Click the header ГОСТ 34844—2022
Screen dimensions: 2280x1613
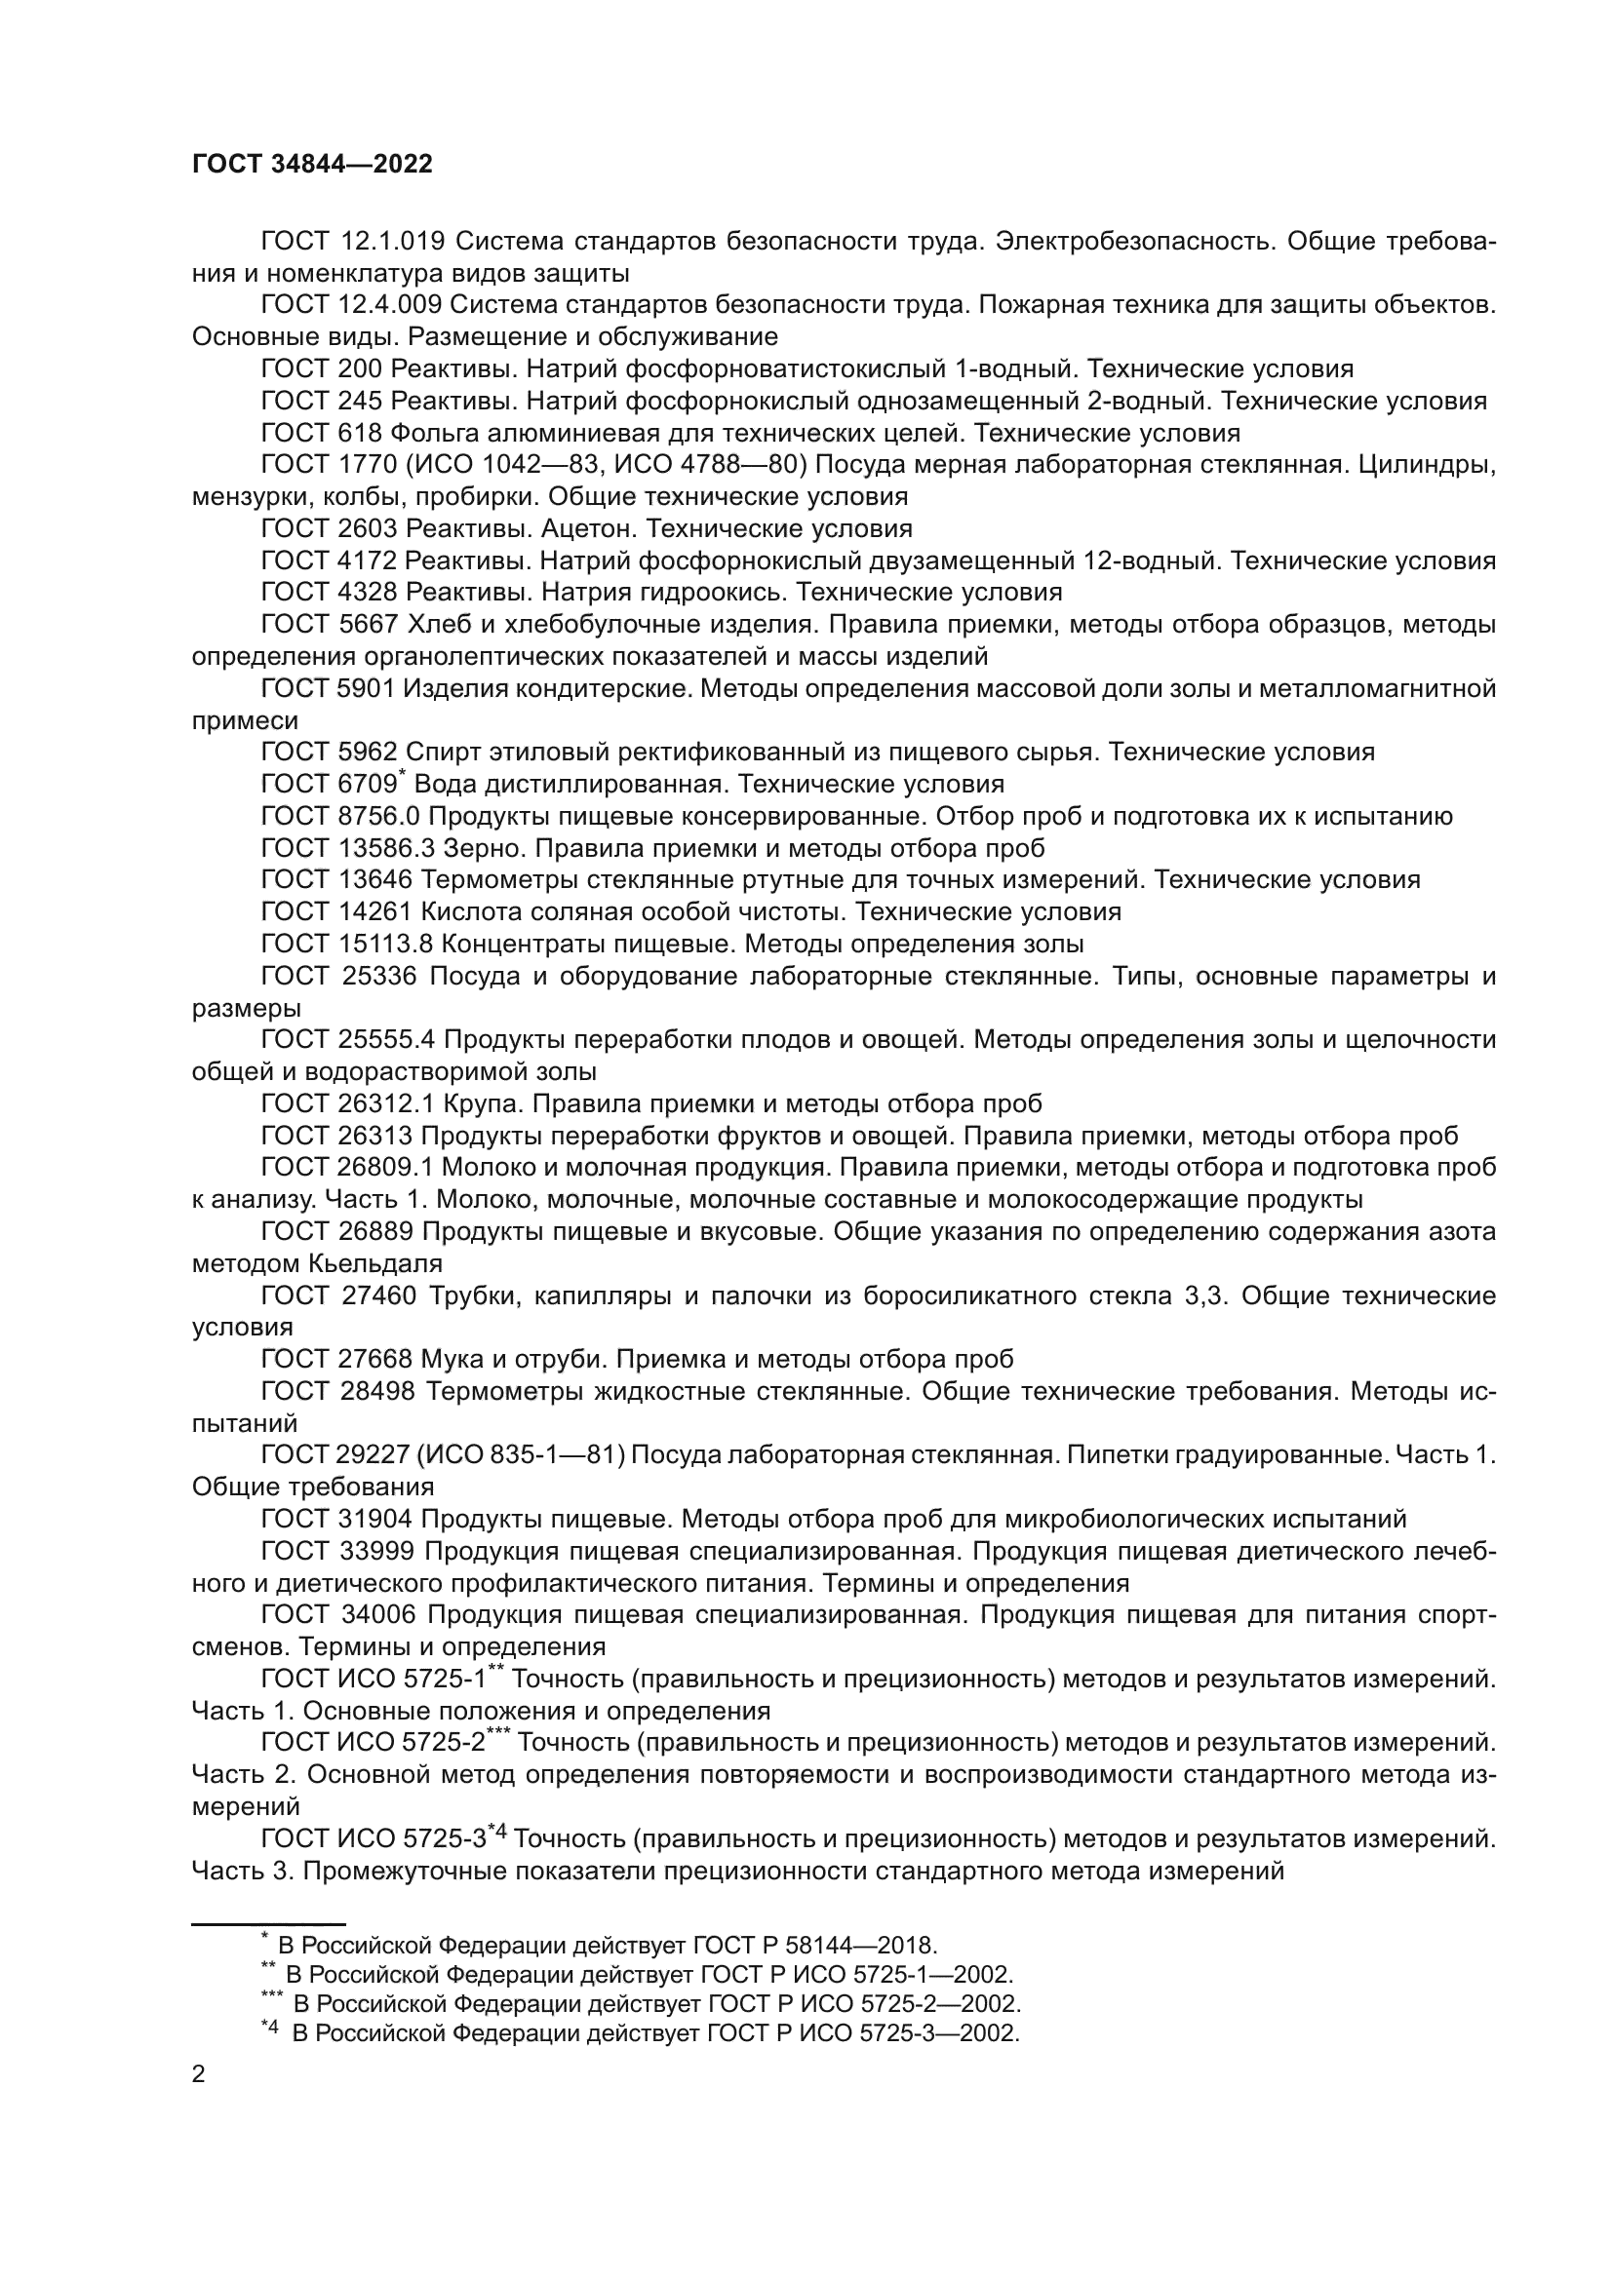click(312, 165)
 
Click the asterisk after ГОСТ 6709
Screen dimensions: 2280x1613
click(402, 774)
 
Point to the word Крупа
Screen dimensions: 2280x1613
click(478, 1103)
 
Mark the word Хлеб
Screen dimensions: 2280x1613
click(434, 625)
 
